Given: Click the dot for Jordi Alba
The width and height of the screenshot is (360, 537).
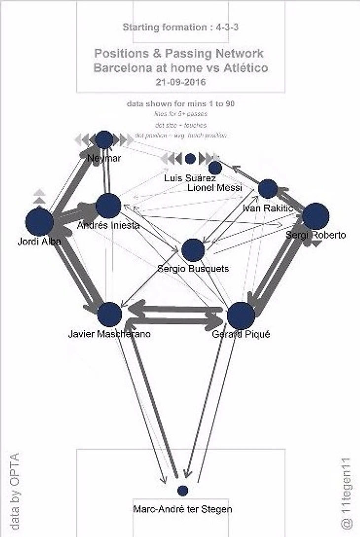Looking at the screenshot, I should pos(39,222).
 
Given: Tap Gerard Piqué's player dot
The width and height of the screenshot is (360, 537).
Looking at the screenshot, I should pos(241,315).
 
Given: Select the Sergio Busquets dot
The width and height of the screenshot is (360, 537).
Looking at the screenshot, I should pos(193,250).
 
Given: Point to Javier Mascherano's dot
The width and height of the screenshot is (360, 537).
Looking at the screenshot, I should pos(109,314).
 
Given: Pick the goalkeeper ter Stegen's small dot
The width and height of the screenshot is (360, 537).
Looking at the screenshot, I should pos(182,491).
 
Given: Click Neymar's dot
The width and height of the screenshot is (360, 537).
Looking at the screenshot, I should pos(104,140).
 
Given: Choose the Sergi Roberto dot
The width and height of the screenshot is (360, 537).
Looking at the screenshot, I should pos(316,216).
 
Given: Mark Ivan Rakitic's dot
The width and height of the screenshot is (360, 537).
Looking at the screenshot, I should pos(268,189).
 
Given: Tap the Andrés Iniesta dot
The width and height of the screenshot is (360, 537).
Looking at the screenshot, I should pos(108,206).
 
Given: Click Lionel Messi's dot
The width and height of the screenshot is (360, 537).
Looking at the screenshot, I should pos(216,168).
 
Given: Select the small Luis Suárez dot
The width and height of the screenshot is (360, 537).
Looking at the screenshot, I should pos(190,159).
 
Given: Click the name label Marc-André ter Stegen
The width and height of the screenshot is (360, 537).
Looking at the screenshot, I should pos(182,509).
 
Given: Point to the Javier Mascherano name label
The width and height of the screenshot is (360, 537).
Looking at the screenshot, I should pos(109,334).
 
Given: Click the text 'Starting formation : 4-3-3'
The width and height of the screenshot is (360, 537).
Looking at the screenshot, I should pos(180,28).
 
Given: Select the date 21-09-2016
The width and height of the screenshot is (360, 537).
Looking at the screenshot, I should pos(180,82).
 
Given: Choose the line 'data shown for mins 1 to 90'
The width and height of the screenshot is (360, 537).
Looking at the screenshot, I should pos(180,104).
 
